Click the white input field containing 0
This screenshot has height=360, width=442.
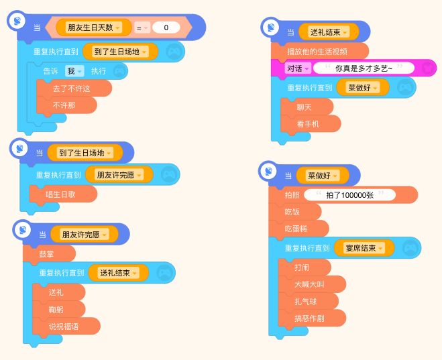[x=166, y=27]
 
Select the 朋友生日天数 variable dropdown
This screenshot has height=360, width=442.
[x=94, y=27]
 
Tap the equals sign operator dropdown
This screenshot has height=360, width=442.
[x=142, y=27]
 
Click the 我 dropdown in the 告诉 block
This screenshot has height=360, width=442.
[x=74, y=71]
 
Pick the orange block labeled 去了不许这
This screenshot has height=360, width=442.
[x=74, y=88]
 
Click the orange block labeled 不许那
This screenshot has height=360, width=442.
[x=67, y=105]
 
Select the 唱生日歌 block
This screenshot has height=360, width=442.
[x=64, y=194]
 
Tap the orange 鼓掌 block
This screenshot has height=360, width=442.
[x=49, y=254]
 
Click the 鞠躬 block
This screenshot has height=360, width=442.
[x=58, y=310]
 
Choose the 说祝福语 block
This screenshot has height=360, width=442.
[x=66, y=326]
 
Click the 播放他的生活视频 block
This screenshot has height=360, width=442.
[x=320, y=52]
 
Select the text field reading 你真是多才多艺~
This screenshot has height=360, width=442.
[x=364, y=68]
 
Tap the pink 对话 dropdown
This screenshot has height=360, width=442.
[x=298, y=68]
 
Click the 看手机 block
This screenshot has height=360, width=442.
[x=311, y=124]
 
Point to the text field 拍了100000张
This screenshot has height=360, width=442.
[x=350, y=195]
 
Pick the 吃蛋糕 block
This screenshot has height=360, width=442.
[x=298, y=229]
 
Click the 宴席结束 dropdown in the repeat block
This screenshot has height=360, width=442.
[x=364, y=248]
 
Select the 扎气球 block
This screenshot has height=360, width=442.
[x=309, y=302]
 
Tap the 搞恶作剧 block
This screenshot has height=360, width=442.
[x=312, y=318]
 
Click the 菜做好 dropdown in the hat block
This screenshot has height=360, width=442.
[x=323, y=176]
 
